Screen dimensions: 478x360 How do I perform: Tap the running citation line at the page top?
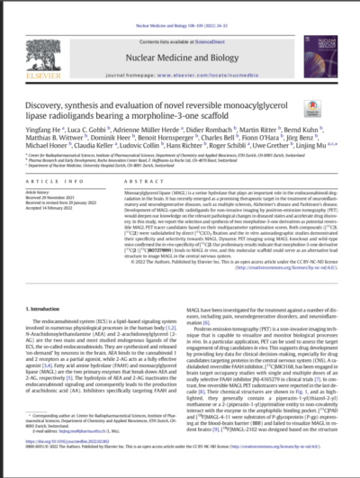point(179,5)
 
